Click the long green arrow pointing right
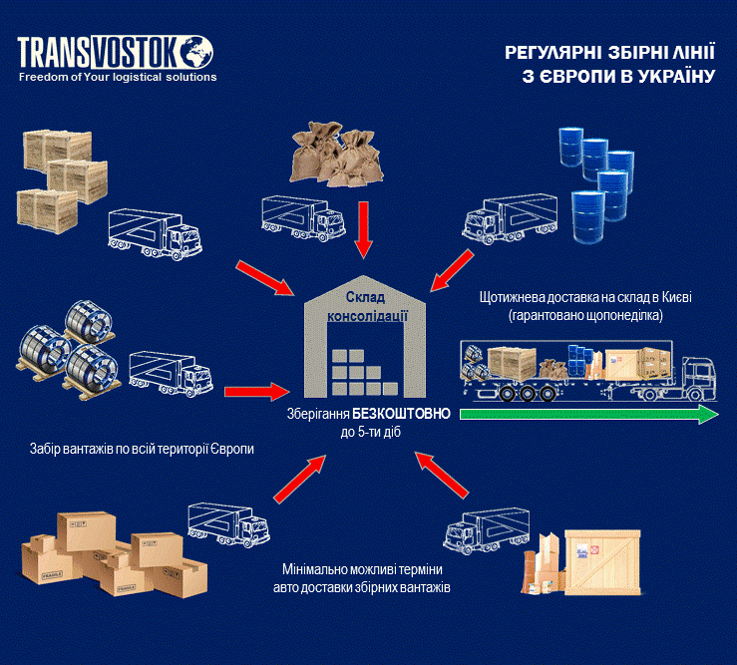point(588,415)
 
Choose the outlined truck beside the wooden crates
point(154,230)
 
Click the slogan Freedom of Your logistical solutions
point(117,77)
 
